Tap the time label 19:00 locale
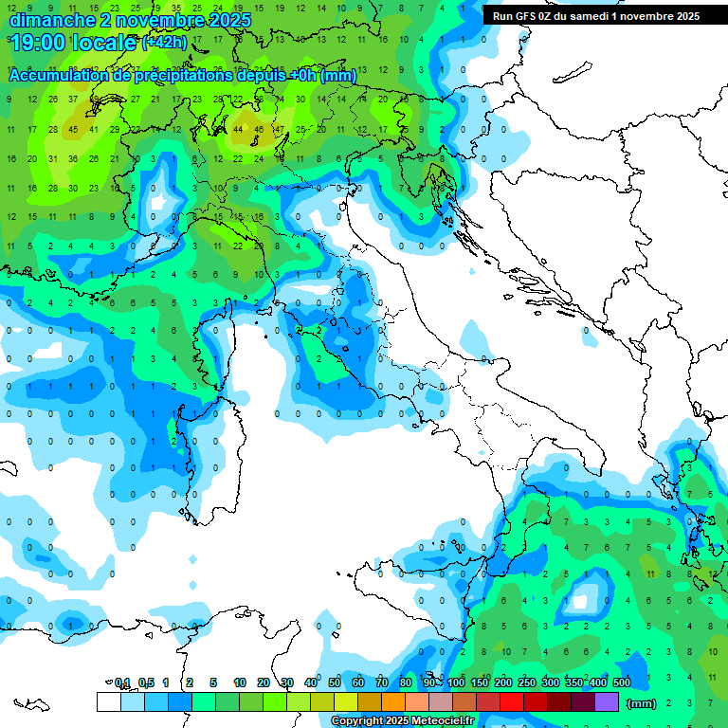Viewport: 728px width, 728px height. coord(72,43)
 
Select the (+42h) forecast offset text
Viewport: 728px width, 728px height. coord(164,43)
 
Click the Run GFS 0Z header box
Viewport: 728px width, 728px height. coord(595,16)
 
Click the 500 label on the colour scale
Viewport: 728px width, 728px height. coord(622,682)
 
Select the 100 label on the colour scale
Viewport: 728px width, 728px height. coord(456,682)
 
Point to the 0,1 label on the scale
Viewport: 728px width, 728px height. coord(122,682)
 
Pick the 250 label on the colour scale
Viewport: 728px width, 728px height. coord(527,682)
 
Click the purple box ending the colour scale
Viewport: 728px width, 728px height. coord(607,701)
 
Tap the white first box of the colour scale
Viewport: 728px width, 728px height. coord(109,701)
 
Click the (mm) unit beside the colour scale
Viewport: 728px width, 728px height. coord(642,703)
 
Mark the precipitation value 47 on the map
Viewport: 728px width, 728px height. coord(279,130)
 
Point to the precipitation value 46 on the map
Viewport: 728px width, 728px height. coord(258,130)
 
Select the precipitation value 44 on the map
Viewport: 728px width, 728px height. coord(238,130)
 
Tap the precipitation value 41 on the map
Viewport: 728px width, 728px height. coord(94,130)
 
